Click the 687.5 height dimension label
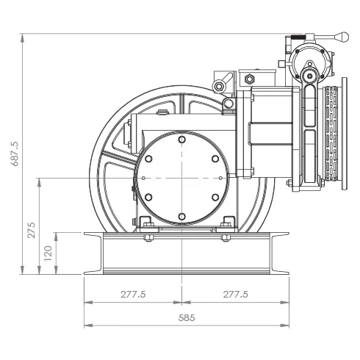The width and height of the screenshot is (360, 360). [x=15, y=154]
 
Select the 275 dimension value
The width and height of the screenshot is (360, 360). [x=32, y=231]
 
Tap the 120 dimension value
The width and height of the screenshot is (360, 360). [x=48, y=253]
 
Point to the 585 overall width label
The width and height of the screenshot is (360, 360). [x=187, y=318]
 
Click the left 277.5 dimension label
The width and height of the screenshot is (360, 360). [x=133, y=294]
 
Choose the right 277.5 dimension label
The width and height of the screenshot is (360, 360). [x=235, y=294]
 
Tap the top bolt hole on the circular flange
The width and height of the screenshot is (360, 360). [x=181, y=140]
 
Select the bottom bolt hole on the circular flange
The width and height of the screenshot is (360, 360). [x=181, y=217]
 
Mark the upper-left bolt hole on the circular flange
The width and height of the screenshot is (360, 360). [x=148, y=159]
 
